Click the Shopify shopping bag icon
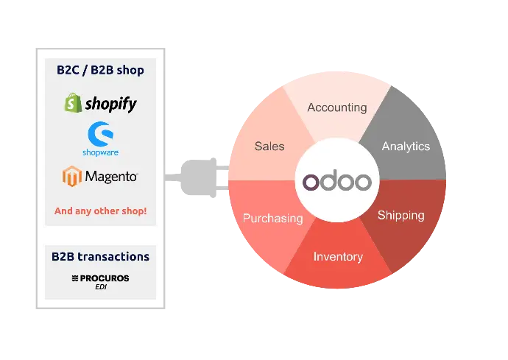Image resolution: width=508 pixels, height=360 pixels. [x=72, y=104]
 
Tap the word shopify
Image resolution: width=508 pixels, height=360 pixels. [x=110, y=105]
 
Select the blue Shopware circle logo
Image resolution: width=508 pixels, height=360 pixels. [x=99, y=133]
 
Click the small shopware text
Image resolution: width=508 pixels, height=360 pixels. [x=100, y=152]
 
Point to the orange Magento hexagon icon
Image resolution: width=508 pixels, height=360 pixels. [x=71, y=177]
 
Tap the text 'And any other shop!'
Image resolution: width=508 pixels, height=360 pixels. [x=100, y=211]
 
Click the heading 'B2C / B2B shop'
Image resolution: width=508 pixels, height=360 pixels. [x=100, y=71]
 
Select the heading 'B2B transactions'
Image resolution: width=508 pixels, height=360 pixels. [x=100, y=257]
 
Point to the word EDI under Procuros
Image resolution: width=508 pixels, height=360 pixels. [x=100, y=286]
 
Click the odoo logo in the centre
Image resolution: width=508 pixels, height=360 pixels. [x=338, y=180]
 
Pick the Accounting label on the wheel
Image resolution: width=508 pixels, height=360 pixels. [x=336, y=107]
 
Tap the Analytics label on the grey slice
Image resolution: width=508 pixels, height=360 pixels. [x=406, y=147]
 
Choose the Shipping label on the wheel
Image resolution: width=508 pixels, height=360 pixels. [x=401, y=216]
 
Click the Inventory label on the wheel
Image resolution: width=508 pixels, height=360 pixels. [x=338, y=257]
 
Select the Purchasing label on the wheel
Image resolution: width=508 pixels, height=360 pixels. [x=272, y=218]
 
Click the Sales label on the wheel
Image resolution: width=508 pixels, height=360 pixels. [x=269, y=147]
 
